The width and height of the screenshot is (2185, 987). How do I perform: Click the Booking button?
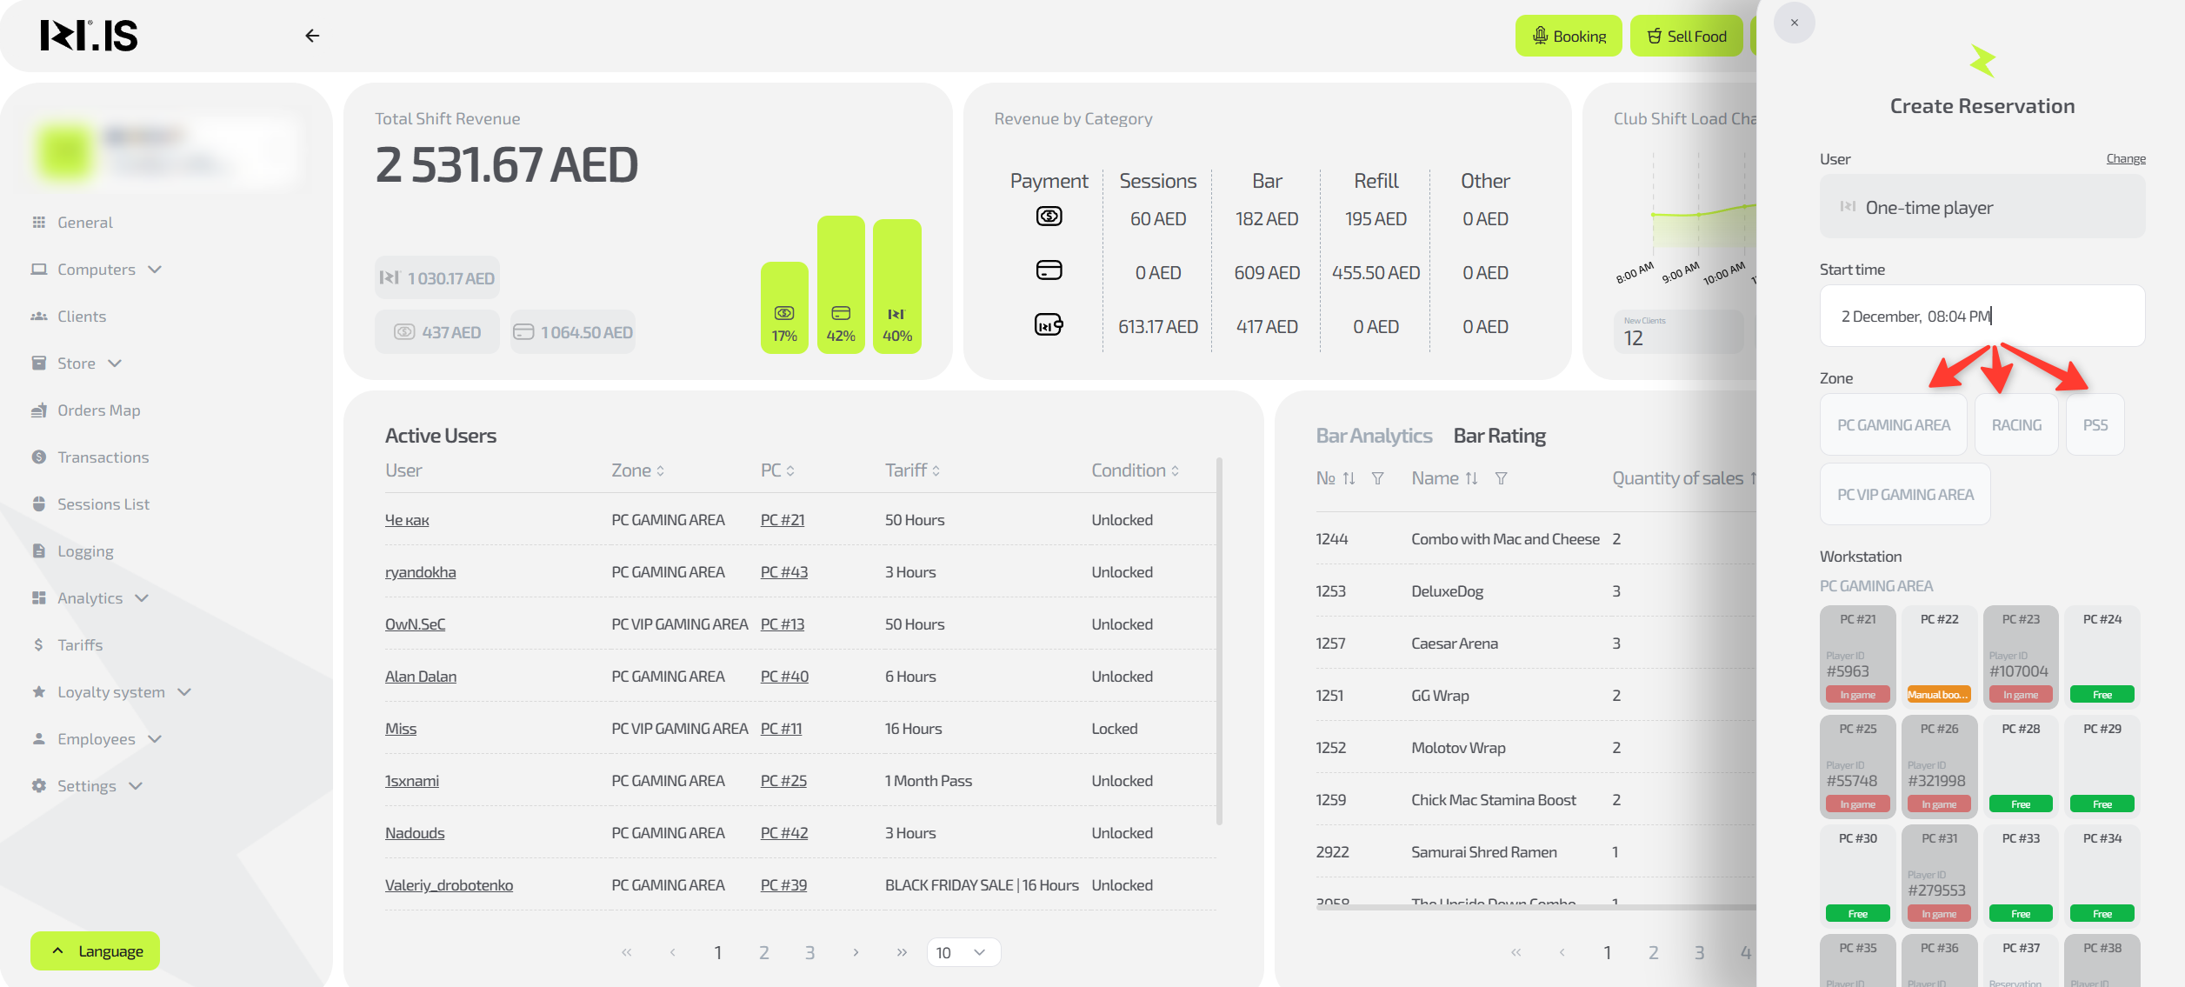[x=1569, y=36]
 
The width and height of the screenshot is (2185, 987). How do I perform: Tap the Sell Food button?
[x=1686, y=36]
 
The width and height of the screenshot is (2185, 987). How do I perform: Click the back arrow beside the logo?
[x=312, y=36]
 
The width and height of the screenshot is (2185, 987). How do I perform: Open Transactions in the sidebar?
[x=103, y=457]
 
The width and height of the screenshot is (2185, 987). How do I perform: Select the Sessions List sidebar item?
[x=103, y=504]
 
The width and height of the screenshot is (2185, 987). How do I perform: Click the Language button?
[x=96, y=950]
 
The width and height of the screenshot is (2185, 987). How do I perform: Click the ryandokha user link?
[x=421, y=572]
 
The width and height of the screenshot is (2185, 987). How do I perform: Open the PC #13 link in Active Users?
[x=783, y=624]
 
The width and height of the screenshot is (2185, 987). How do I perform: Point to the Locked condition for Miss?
[x=1115, y=729]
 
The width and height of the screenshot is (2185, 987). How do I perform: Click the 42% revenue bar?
[x=841, y=285]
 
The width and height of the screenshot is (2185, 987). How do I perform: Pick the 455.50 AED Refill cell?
[x=1376, y=273]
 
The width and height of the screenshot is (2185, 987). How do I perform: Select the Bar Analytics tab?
[x=1374, y=436]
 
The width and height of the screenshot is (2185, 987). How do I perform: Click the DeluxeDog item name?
[x=1447, y=591]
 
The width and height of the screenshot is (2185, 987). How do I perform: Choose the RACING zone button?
[x=2016, y=425]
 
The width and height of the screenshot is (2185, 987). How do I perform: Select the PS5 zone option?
[x=2095, y=425]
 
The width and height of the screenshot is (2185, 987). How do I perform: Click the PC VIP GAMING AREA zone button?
[x=1905, y=495]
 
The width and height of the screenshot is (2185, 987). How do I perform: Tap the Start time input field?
[x=1982, y=317]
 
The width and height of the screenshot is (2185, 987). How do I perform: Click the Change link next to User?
[x=2126, y=158]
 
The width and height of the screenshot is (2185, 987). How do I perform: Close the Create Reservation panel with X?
[x=1795, y=23]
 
